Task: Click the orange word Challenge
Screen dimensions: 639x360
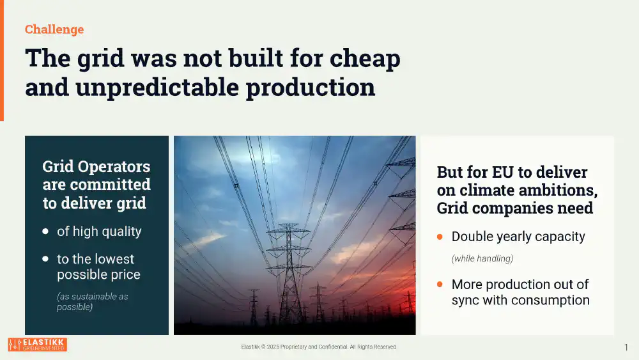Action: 54,29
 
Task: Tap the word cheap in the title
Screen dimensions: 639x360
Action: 365,59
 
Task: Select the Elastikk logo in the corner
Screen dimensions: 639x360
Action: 38,345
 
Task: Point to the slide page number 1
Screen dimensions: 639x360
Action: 626,347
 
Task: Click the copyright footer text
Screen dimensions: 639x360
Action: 319,347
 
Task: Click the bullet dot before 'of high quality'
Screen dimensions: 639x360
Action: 45,231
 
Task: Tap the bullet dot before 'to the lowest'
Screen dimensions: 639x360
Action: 45,259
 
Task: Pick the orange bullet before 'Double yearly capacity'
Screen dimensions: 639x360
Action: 440,237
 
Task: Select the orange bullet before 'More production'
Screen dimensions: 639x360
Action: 440,284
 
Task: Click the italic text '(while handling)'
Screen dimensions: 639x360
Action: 482,258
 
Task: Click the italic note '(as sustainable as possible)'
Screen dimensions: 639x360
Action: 93,302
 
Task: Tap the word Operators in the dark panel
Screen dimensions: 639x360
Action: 114,167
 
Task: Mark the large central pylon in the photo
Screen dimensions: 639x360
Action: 289,273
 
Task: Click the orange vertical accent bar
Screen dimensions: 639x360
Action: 2,60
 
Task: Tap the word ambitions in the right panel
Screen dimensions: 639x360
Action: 555,191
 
